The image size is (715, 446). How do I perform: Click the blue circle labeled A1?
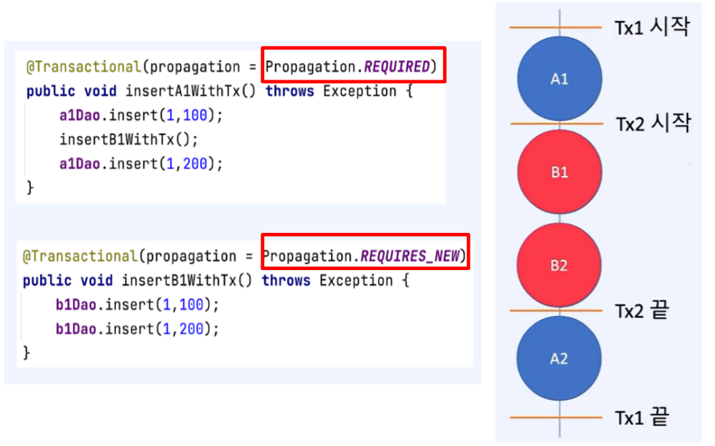pos(560,79)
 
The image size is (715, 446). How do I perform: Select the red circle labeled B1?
pos(560,173)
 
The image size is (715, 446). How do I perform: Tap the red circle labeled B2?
pos(559,266)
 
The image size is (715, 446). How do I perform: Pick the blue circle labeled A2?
pos(559,359)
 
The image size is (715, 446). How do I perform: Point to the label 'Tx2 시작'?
pos(652,123)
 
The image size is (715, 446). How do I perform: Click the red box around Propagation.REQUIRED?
pos(352,66)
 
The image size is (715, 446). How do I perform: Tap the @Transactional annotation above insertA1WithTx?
pos(82,67)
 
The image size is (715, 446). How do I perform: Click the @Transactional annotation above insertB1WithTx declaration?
pos(80,257)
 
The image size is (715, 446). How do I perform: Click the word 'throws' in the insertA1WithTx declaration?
pos(290,91)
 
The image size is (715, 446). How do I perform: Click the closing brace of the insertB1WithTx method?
pos(27,353)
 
